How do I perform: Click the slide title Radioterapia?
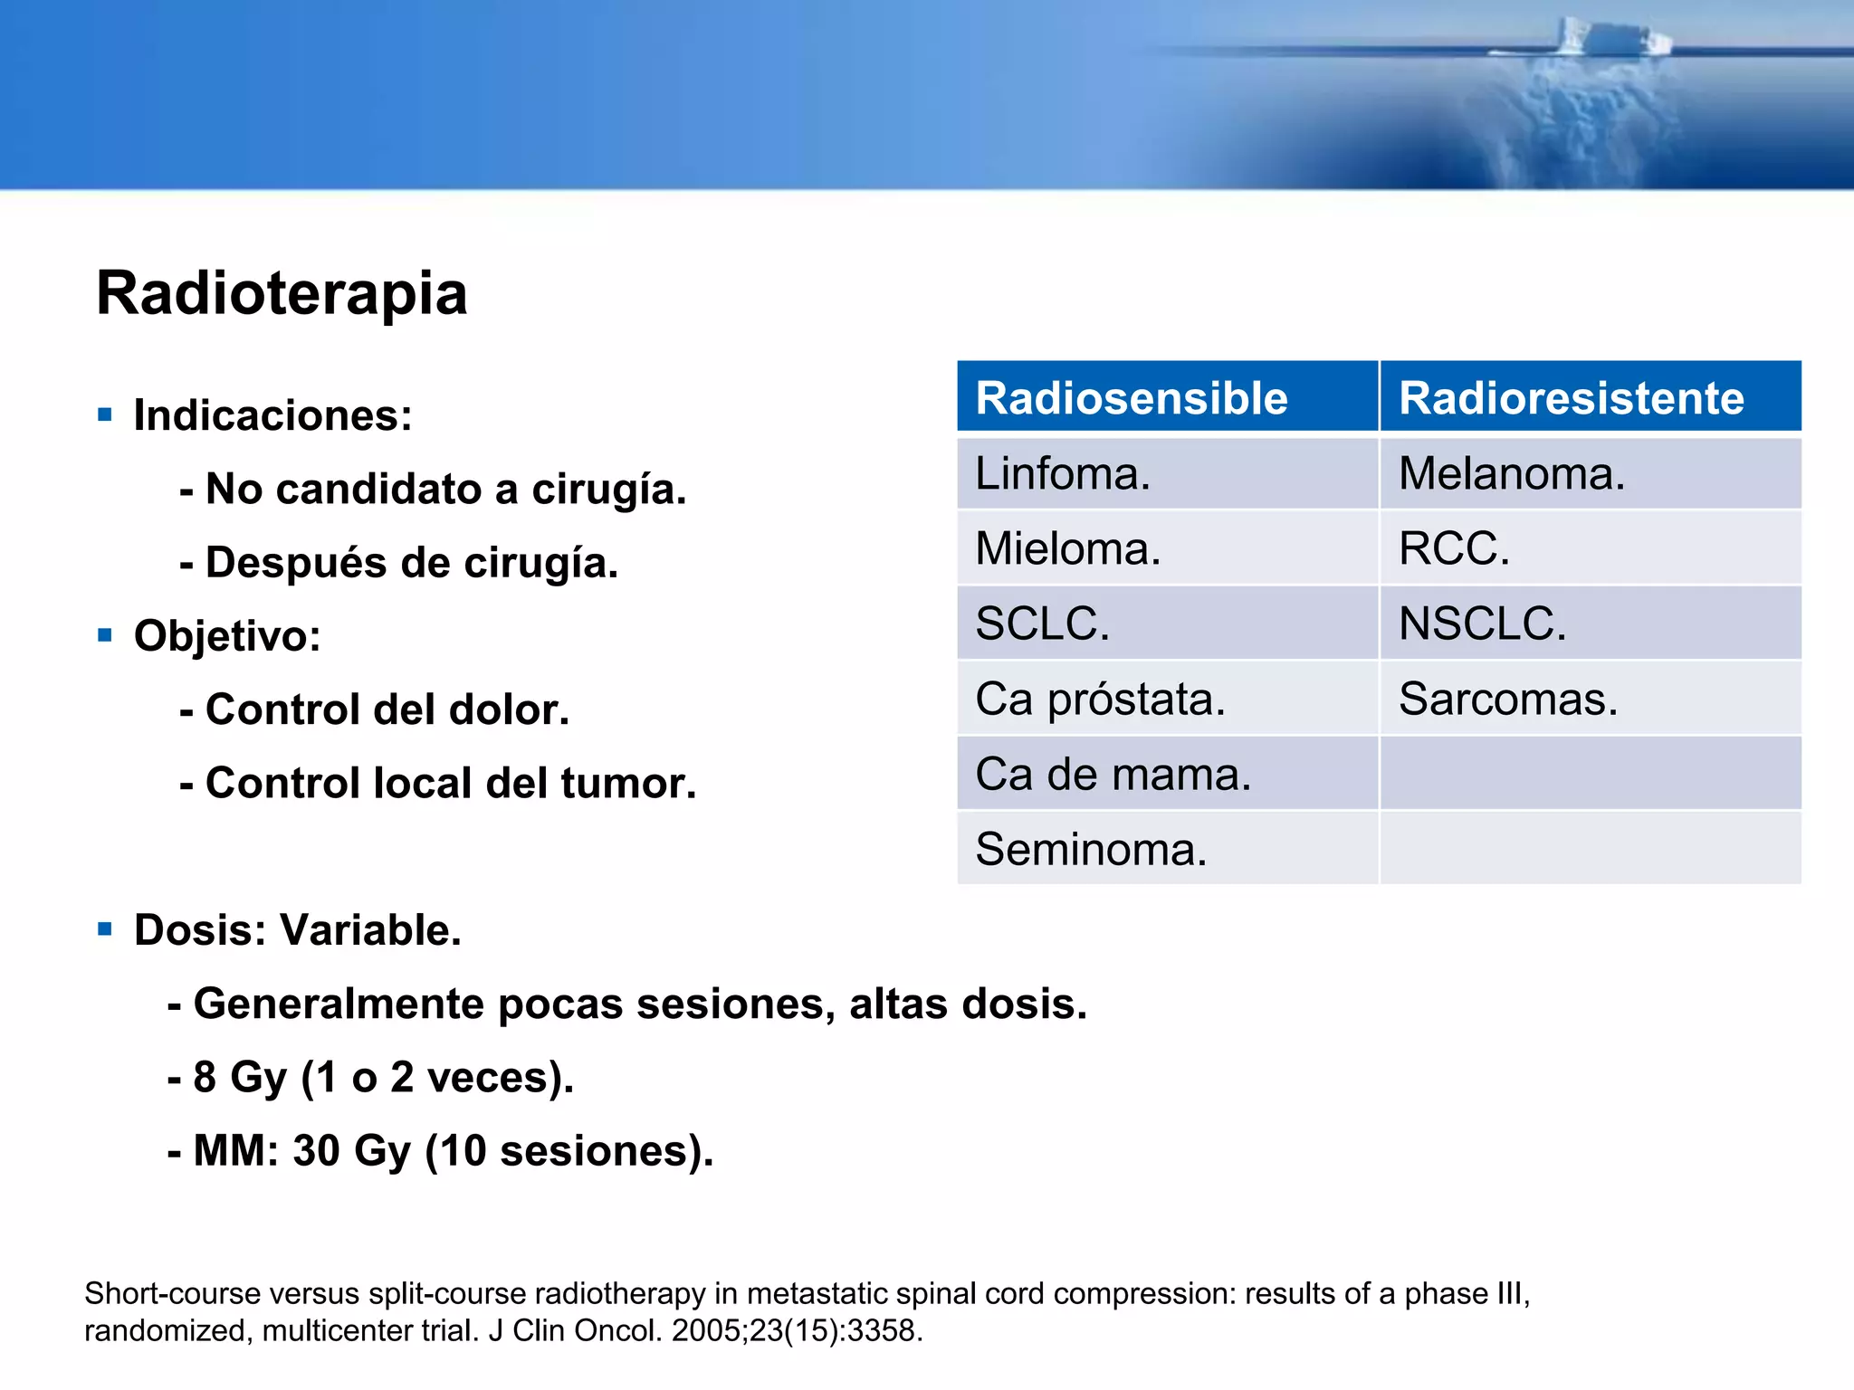[x=282, y=293]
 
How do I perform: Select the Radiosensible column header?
[x=1132, y=398]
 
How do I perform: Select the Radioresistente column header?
[x=1572, y=398]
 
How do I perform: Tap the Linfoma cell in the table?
[x=1063, y=474]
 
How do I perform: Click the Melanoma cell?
[x=1512, y=474]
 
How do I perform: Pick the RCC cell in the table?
[x=1454, y=549]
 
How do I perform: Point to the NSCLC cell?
[x=1482, y=624]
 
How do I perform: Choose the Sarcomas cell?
[x=1508, y=700]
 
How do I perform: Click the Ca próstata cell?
[x=1100, y=700]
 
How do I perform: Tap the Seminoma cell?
[x=1091, y=850]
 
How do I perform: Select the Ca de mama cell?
[x=1113, y=775]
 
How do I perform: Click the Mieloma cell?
[x=1067, y=549]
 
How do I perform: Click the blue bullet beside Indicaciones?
[x=105, y=415]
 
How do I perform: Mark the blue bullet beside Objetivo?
[x=105, y=635]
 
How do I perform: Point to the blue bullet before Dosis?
[x=105, y=929]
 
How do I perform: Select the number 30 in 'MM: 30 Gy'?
[x=316, y=1151]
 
